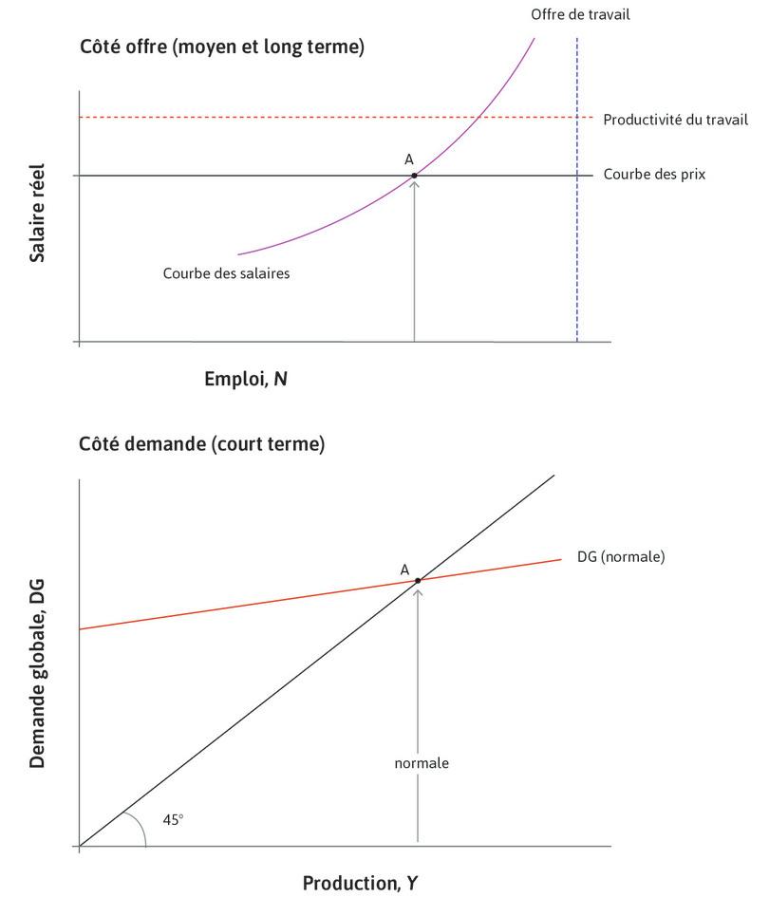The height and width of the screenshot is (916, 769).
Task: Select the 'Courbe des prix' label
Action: coord(654,175)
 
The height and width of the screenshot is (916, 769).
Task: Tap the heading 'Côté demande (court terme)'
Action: coord(201,443)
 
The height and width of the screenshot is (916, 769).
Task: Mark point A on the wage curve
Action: coord(415,176)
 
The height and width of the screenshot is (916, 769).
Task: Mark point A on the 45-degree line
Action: coord(418,580)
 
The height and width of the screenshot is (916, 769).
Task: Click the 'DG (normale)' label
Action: coord(621,556)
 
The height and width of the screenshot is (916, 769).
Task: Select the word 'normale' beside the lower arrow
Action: coord(422,762)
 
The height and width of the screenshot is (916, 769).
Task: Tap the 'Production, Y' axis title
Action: coord(360,884)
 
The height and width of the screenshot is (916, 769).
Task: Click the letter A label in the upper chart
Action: coord(408,159)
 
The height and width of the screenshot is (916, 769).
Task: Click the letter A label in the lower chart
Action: coord(404,570)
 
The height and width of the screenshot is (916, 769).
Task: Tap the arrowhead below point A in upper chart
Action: coord(415,183)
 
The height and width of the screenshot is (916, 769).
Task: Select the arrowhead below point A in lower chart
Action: coord(418,589)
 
